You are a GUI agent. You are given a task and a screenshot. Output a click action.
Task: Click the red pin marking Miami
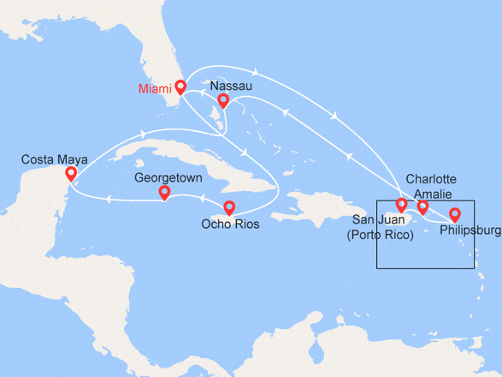pyautogui.click(x=180, y=86)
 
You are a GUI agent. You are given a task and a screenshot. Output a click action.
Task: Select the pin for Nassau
pyautogui.click(x=222, y=100)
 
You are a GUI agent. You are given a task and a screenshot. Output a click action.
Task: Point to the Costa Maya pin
pyautogui.click(x=71, y=174)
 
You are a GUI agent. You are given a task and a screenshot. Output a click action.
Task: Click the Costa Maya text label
pyautogui.click(x=54, y=159)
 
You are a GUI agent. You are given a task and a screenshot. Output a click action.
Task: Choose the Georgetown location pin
pyautogui.click(x=164, y=193)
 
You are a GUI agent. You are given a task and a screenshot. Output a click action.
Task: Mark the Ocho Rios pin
pyautogui.click(x=229, y=207)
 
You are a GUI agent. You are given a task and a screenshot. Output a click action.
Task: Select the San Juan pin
pyautogui.click(x=401, y=205)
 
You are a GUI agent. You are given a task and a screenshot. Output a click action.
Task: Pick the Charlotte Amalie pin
pyautogui.click(x=422, y=206)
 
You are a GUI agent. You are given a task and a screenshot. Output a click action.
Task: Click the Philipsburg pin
pyautogui.click(x=455, y=214)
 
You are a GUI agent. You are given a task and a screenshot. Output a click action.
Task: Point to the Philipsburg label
pyautogui.click(x=470, y=230)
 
